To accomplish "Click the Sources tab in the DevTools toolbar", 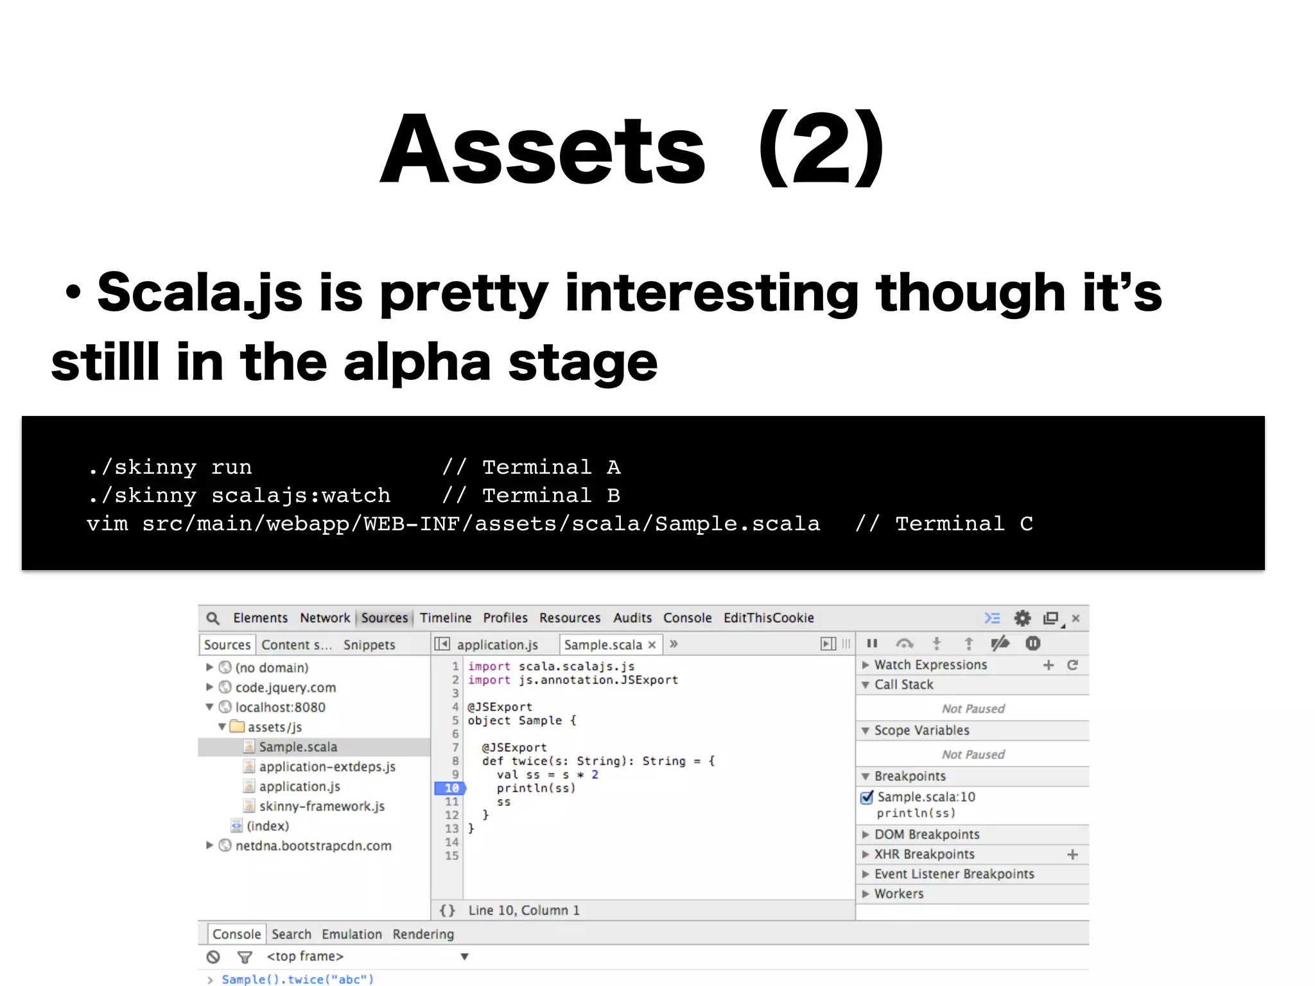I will click(x=384, y=618).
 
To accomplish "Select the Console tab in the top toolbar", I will click(x=687, y=618).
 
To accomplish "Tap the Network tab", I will click(x=325, y=618).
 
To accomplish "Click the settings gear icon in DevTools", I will click(x=1022, y=618).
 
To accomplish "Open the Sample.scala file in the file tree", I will click(x=298, y=747).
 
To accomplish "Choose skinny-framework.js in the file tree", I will click(x=322, y=806).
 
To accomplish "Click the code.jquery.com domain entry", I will click(x=285, y=688).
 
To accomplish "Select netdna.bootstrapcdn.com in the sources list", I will click(x=313, y=845).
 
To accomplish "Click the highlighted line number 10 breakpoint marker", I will click(x=451, y=788).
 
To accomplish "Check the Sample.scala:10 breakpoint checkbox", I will click(x=867, y=797).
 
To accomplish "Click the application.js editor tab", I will click(x=497, y=644).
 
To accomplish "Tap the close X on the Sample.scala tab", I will click(x=652, y=644).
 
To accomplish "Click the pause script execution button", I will click(x=872, y=643).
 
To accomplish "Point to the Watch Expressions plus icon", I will click(x=1049, y=665).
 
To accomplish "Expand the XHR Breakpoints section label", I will click(x=924, y=854).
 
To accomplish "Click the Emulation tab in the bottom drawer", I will click(x=351, y=934).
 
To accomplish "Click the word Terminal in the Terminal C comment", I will click(x=950, y=524).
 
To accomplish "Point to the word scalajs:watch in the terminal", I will click(x=300, y=496).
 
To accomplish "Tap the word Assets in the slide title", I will click(x=543, y=150).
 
